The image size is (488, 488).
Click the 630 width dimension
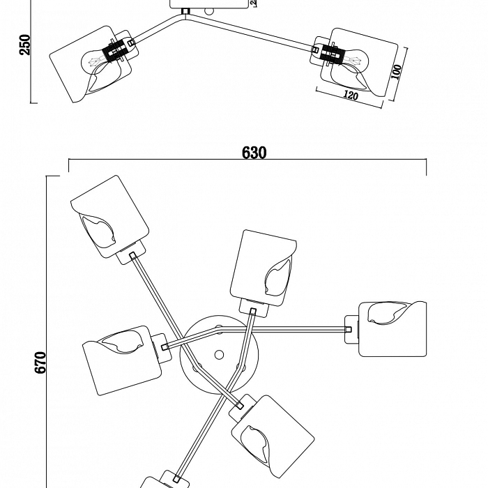tap(254, 153)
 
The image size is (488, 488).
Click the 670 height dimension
tap(41, 363)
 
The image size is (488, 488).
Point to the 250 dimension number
tap(25, 45)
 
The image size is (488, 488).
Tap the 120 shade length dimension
tap(350, 96)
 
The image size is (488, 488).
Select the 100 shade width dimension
tap(396, 73)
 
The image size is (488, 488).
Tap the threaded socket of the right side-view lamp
tap(333, 52)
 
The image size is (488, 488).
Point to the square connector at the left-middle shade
tap(165, 346)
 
